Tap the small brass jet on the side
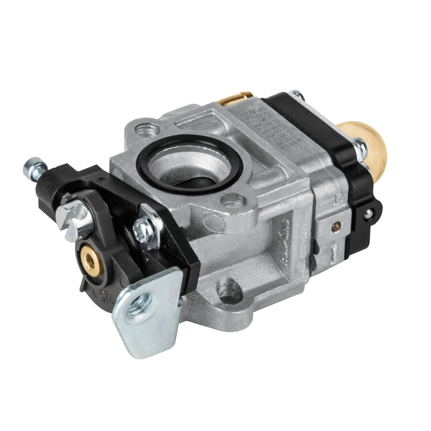click(x=336, y=226)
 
